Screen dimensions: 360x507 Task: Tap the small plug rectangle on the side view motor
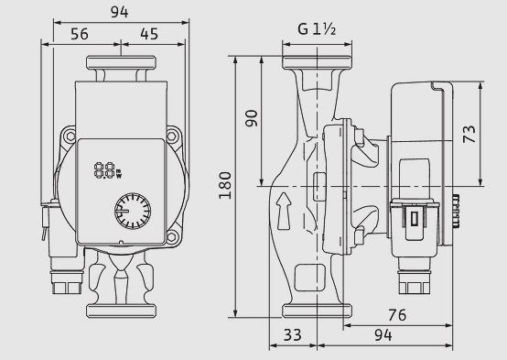pyautogui.click(x=413, y=218)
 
